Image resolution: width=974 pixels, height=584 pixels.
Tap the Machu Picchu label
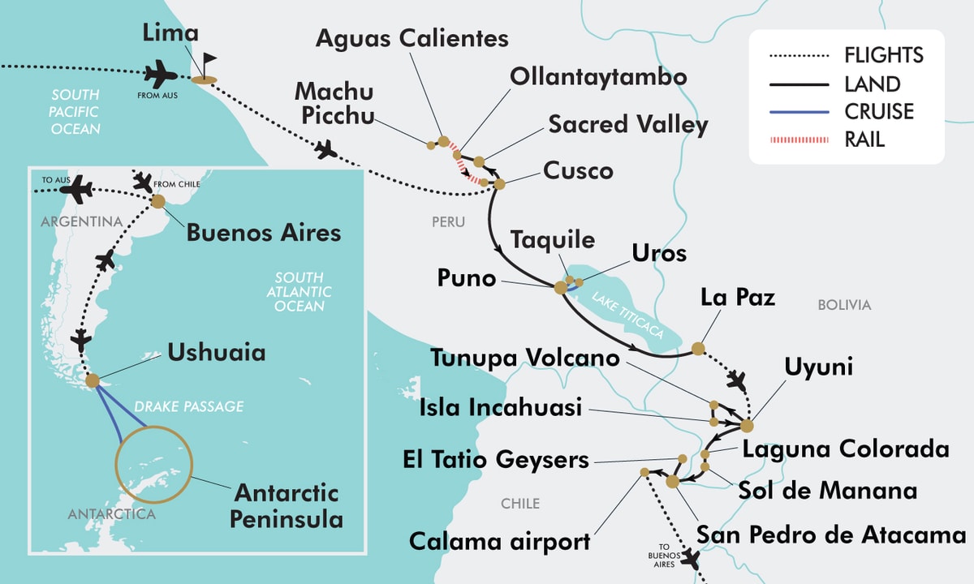334,104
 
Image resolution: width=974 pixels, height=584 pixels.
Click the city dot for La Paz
697,349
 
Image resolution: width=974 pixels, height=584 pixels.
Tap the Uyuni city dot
747,425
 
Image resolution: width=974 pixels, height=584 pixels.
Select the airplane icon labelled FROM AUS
160,77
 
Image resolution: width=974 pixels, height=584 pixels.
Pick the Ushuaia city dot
93,380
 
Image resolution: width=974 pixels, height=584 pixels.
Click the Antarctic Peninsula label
286,505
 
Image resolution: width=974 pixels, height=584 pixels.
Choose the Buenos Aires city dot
157,200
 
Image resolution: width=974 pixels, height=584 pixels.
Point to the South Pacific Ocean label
75,111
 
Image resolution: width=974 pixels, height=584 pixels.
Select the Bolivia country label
844,305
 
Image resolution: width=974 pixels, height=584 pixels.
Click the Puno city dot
560,287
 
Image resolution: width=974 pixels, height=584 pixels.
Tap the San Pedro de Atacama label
831,535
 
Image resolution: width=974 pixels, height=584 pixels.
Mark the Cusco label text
578,171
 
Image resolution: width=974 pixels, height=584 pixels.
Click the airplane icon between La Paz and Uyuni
737,379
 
